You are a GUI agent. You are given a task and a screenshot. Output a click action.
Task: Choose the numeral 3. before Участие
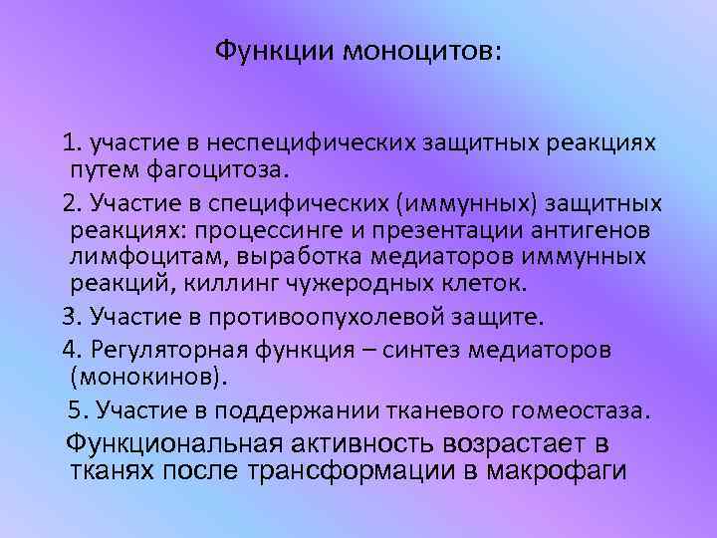tap(72, 317)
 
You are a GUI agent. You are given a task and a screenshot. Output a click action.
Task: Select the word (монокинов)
tap(148, 378)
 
